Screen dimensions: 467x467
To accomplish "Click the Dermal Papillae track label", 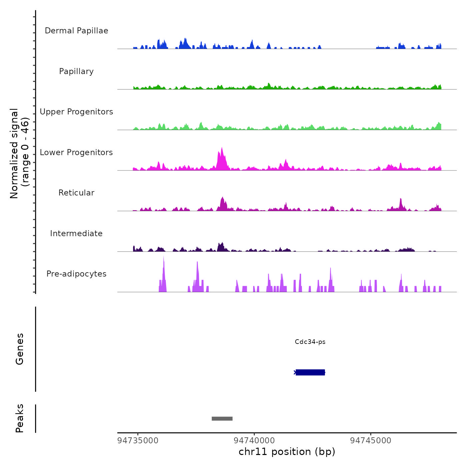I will pos(76,31).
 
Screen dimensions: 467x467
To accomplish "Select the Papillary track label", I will pos(76,71).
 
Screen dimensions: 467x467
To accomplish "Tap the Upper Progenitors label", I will pos(76,112).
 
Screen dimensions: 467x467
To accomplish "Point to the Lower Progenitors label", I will pos(76,152).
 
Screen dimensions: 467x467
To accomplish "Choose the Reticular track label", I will pos(76,193).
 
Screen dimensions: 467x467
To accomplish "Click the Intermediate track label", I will pos(76,233).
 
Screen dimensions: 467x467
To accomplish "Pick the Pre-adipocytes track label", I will pos(76,274).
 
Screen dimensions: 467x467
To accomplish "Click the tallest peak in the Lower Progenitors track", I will pos(222,149).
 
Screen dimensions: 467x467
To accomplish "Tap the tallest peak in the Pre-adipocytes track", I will pos(163,258).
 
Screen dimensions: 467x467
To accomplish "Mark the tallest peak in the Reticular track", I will pos(222,198).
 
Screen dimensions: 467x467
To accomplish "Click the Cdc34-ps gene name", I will pos(310,342).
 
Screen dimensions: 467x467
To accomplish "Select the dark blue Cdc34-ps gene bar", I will pos(310,372).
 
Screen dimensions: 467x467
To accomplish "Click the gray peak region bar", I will pos(222,419).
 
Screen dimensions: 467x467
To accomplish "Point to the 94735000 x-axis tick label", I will pos(138,441).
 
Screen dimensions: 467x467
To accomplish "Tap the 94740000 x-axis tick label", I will pos(254,441).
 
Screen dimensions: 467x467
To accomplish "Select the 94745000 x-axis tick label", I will pos(371,441).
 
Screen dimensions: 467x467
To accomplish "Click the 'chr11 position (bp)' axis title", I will pos(287,452).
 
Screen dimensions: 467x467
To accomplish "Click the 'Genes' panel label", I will pos(19,349).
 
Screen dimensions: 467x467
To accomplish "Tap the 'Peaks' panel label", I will pos(19,418).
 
